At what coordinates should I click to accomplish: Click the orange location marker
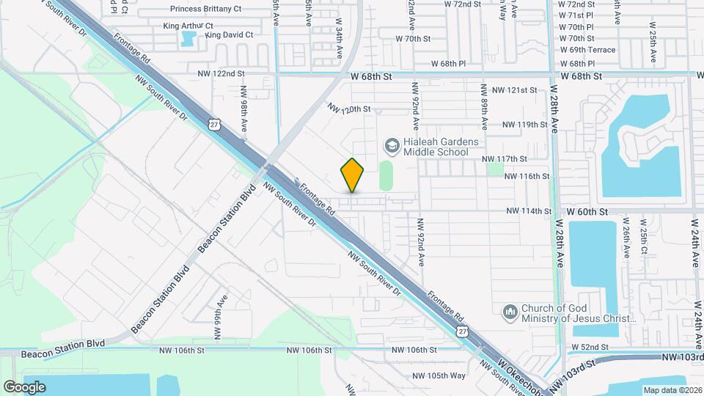coord(353,176)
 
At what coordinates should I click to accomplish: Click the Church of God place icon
coord(510,312)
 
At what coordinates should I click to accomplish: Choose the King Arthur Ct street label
coord(188,26)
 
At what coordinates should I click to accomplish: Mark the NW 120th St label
coord(350,109)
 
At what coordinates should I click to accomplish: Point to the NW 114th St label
coord(529,211)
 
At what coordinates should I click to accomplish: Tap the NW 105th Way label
coord(439,376)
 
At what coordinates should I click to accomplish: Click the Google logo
coord(24,386)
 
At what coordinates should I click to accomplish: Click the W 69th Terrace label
coord(587,51)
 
